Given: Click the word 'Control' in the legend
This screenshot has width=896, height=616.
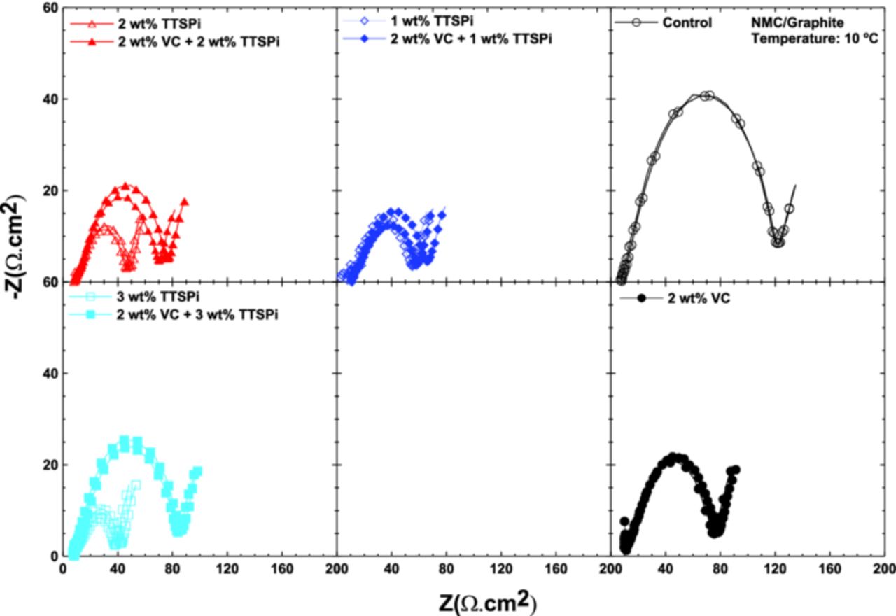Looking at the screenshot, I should pyautogui.click(x=687, y=23).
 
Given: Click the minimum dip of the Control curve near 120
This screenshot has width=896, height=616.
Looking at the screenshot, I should pyautogui.click(x=778, y=242).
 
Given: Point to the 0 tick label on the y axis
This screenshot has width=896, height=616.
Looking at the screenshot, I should pyautogui.click(x=53, y=556).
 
